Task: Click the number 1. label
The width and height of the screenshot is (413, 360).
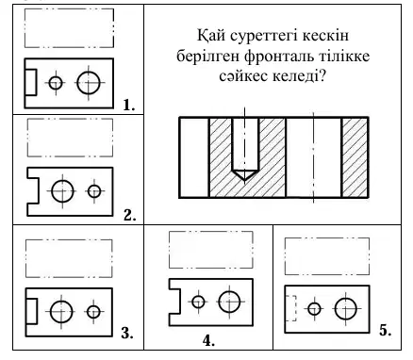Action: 129,105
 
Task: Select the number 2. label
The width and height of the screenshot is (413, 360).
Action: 129,216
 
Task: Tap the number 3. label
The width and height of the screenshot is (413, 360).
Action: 127,333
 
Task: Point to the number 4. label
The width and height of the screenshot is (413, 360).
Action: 208,340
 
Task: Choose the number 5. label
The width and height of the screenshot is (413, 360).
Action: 385,330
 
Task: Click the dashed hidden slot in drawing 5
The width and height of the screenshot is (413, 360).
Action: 296,308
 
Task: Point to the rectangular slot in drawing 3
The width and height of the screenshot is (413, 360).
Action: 37,311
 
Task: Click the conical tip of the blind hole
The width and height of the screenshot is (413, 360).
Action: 245,175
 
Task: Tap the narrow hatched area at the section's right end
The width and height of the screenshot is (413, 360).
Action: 355,157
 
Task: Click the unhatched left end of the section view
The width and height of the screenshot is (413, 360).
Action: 194,157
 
